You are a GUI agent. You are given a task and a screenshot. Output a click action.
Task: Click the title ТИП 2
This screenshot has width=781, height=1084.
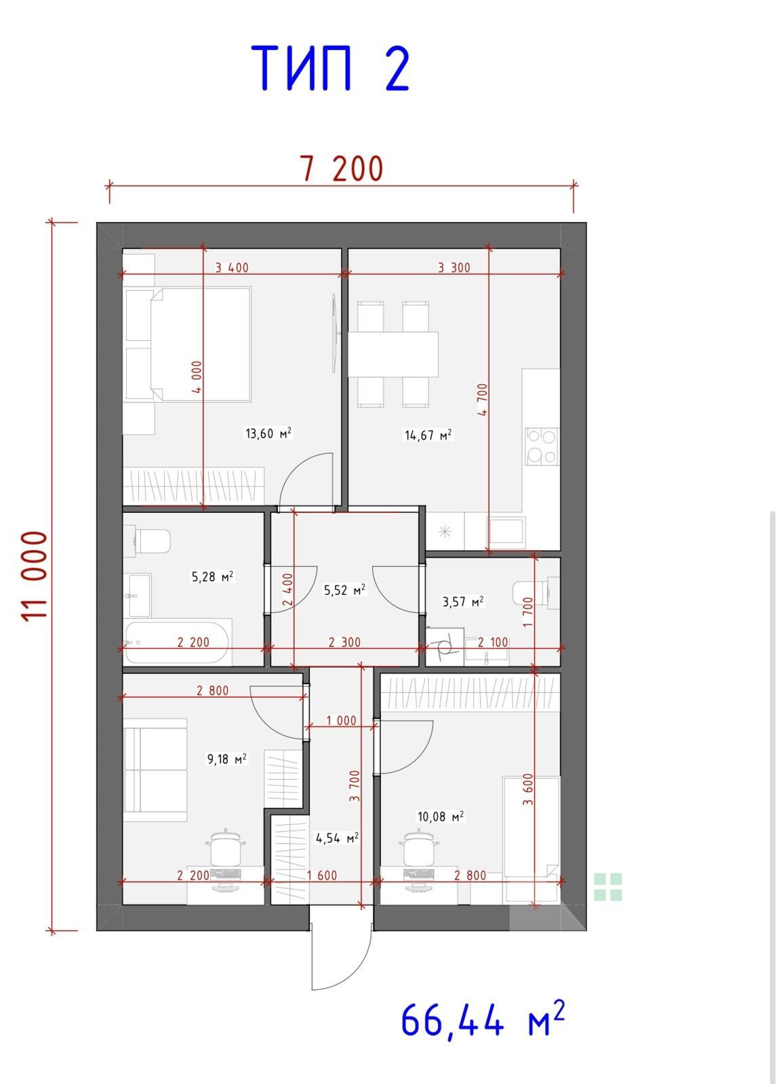[330, 68]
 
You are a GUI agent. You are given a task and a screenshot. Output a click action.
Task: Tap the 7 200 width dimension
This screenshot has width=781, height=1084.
[343, 169]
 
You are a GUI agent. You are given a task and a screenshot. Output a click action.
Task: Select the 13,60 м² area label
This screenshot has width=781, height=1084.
[268, 433]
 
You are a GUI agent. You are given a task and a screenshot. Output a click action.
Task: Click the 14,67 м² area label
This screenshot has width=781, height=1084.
[428, 434]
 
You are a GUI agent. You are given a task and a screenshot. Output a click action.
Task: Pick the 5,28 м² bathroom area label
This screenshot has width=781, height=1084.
[213, 577]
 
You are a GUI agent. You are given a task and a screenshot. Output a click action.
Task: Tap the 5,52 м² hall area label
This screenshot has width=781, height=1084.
[344, 590]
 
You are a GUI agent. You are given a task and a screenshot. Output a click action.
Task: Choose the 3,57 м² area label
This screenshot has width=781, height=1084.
[463, 602]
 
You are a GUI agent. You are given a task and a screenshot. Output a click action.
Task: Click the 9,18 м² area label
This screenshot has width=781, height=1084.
[226, 758]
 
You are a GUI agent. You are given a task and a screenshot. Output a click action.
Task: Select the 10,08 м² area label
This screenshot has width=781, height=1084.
[441, 816]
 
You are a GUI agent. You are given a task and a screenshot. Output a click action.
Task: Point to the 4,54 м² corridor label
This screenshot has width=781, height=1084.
[337, 837]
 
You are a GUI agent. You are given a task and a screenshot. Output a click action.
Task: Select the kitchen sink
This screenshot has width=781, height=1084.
[506, 531]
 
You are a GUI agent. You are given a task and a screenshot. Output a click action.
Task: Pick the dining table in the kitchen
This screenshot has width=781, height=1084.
[393, 354]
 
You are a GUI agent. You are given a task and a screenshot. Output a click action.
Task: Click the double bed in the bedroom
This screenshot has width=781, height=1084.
[201, 345]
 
